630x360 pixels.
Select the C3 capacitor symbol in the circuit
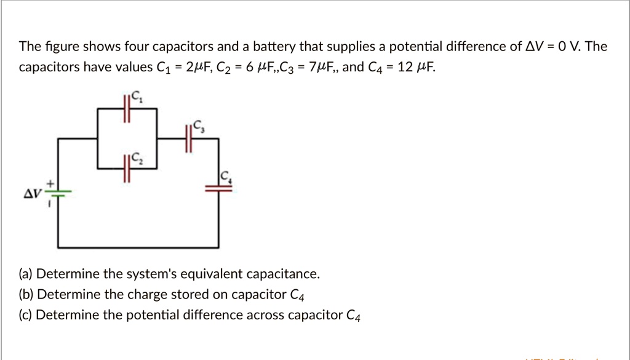point(188,139)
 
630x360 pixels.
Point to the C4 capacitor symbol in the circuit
point(223,189)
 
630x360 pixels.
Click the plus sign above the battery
point(52,183)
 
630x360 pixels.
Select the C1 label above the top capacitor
point(138,97)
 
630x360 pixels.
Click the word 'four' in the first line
point(138,47)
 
